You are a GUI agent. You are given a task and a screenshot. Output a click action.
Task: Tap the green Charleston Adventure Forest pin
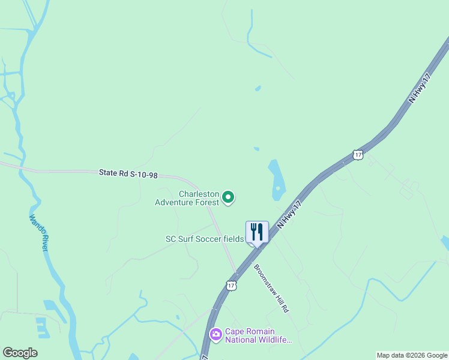[228, 196]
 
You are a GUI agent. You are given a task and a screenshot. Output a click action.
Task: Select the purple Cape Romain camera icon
[215, 333]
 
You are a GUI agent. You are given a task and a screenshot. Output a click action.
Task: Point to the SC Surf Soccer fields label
[205, 239]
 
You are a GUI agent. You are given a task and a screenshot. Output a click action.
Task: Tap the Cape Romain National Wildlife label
[258, 336]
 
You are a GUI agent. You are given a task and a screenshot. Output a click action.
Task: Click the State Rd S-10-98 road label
[128, 173]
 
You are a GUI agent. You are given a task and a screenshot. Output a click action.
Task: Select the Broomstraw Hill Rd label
[272, 287]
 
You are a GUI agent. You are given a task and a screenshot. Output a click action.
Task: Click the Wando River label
[37, 233]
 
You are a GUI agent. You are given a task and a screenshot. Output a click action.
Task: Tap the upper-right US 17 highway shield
[358, 155]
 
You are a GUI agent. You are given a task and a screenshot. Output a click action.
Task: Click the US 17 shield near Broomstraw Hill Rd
[232, 286]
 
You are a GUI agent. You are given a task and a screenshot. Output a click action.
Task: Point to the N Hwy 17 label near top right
[420, 89]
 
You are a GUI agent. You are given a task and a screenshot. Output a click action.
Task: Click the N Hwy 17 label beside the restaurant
[289, 214]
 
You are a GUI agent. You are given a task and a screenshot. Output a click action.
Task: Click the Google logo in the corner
[20, 353]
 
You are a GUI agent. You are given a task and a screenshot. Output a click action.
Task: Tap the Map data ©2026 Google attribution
[412, 355]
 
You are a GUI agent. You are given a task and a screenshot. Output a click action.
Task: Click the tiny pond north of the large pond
[257, 149]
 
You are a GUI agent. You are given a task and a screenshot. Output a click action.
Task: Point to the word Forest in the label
[205, 202]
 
